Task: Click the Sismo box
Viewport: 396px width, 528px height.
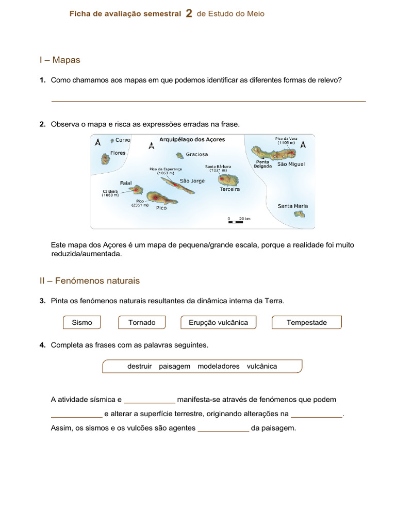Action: coord(82,322)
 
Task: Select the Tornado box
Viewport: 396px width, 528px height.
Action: coord(142,322)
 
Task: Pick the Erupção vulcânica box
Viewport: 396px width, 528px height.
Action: coord(218,322)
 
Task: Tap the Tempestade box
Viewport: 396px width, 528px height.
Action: coord(306,322)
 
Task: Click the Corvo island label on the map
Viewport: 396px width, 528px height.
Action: coord(123,140)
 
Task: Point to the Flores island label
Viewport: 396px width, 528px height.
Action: coord(118,153)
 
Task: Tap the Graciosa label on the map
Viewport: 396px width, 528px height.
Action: coord(197,154)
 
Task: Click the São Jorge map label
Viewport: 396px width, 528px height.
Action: coord(192,181)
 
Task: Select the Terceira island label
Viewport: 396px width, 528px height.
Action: coord(229,189)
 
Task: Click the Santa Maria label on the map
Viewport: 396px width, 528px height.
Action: coord(292,206)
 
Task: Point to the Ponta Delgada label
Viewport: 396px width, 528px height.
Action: coord(263,164)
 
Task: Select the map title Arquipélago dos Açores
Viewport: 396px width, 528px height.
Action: coord(192,139)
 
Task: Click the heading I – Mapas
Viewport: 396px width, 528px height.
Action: coord(60,60)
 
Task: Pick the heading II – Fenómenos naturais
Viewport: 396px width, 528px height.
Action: coord(90,281)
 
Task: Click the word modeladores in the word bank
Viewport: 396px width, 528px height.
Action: coord(218,366)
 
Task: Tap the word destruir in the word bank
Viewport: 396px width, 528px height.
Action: coord(139,366)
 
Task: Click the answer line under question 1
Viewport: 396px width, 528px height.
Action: coord(208,101)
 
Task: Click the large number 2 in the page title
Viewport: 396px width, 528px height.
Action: coord(189,14)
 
